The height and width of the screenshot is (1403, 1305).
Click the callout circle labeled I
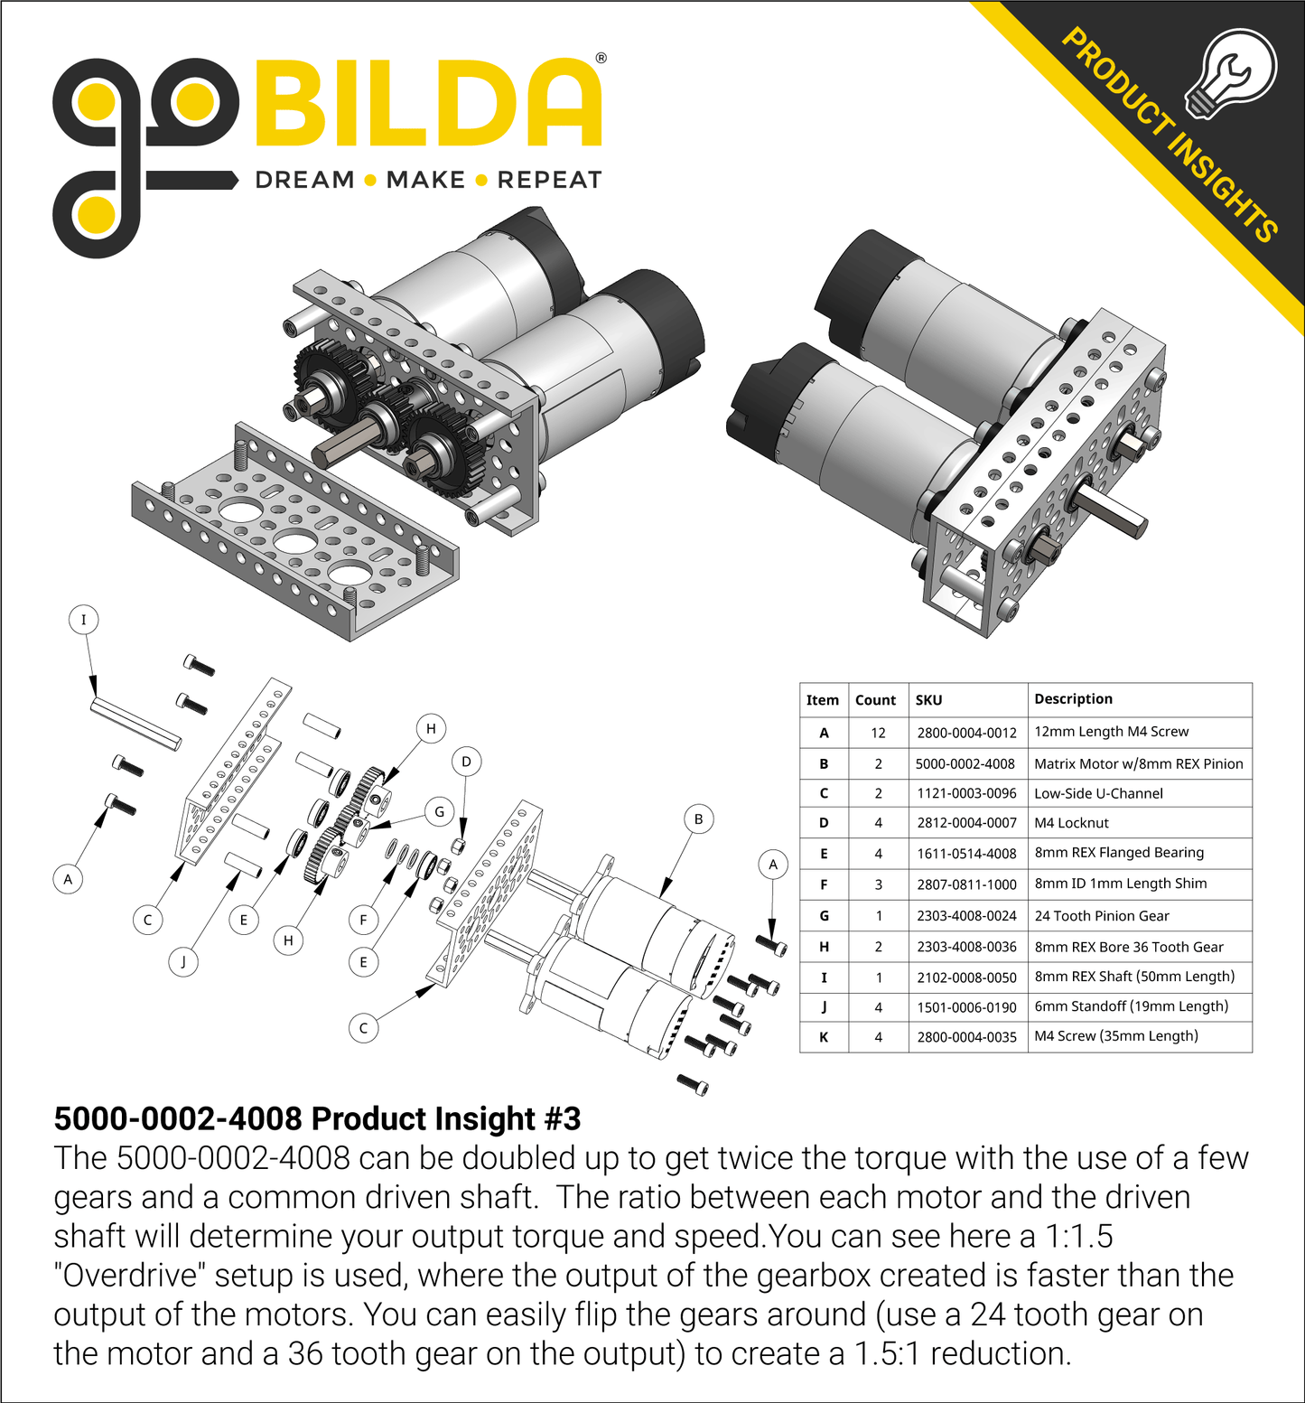point(84,620)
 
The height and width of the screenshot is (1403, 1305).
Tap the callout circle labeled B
point(698,819)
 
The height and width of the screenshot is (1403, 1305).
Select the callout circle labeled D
point(466,762)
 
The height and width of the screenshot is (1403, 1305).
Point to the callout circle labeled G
point(440,811)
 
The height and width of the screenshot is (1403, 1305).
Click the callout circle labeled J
point(183,961)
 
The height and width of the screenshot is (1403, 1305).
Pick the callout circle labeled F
point(363,920)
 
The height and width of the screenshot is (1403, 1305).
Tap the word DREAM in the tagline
point(305,180)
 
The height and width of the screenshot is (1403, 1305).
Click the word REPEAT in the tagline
point(549,180)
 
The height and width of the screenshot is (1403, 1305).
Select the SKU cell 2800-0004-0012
point(966,733)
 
